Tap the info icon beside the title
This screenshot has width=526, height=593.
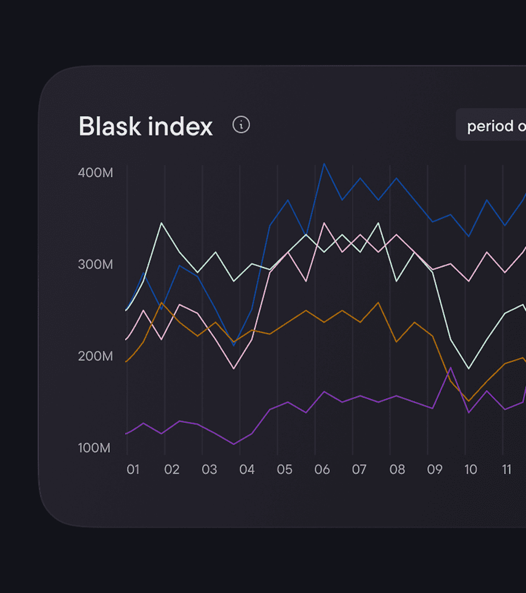pyautogui.click(x=241, y=125)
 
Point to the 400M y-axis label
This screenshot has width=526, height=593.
pyautogui.click(x=96, y=173)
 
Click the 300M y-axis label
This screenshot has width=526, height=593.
pyautogui.click(x=96, y=265)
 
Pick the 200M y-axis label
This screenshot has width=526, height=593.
pyautogui.click(x=96, y=356)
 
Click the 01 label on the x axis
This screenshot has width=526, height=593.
pyautogui.click(x=133, y=469)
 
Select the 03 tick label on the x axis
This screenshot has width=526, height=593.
pyautogui.click(x=209, y=469)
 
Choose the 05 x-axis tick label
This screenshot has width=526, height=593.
pyautogui.click(x=284, y=469)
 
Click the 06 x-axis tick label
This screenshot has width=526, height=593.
pyautogui.click(x=322, y=469)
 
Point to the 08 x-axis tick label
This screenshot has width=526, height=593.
pyautogui.click(x=397, y=469)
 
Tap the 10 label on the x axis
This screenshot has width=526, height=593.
pyautogui.click(x=471, y=469)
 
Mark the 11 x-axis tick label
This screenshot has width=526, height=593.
pyautogui.click(x=507, y=469)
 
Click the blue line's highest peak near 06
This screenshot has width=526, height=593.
pyautogui.click(x=324, y=164)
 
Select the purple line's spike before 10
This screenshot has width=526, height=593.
pyautogui.click(x=451, y=368)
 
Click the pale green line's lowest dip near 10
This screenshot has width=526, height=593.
pyautogui.click(x=469, y=368)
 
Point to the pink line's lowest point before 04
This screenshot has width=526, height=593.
pyautogui.click(x=234, y=368)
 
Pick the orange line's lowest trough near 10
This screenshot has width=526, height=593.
pyautogui.click(x=469, y=401)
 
